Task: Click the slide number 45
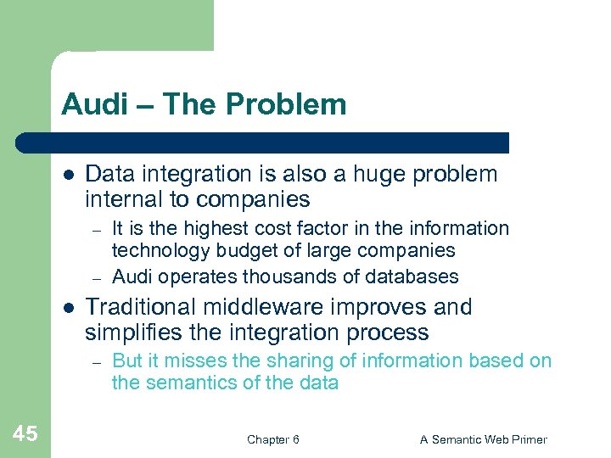click(25, 434)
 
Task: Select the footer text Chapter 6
click(272, 439)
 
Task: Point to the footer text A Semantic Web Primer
click(484, 439)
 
